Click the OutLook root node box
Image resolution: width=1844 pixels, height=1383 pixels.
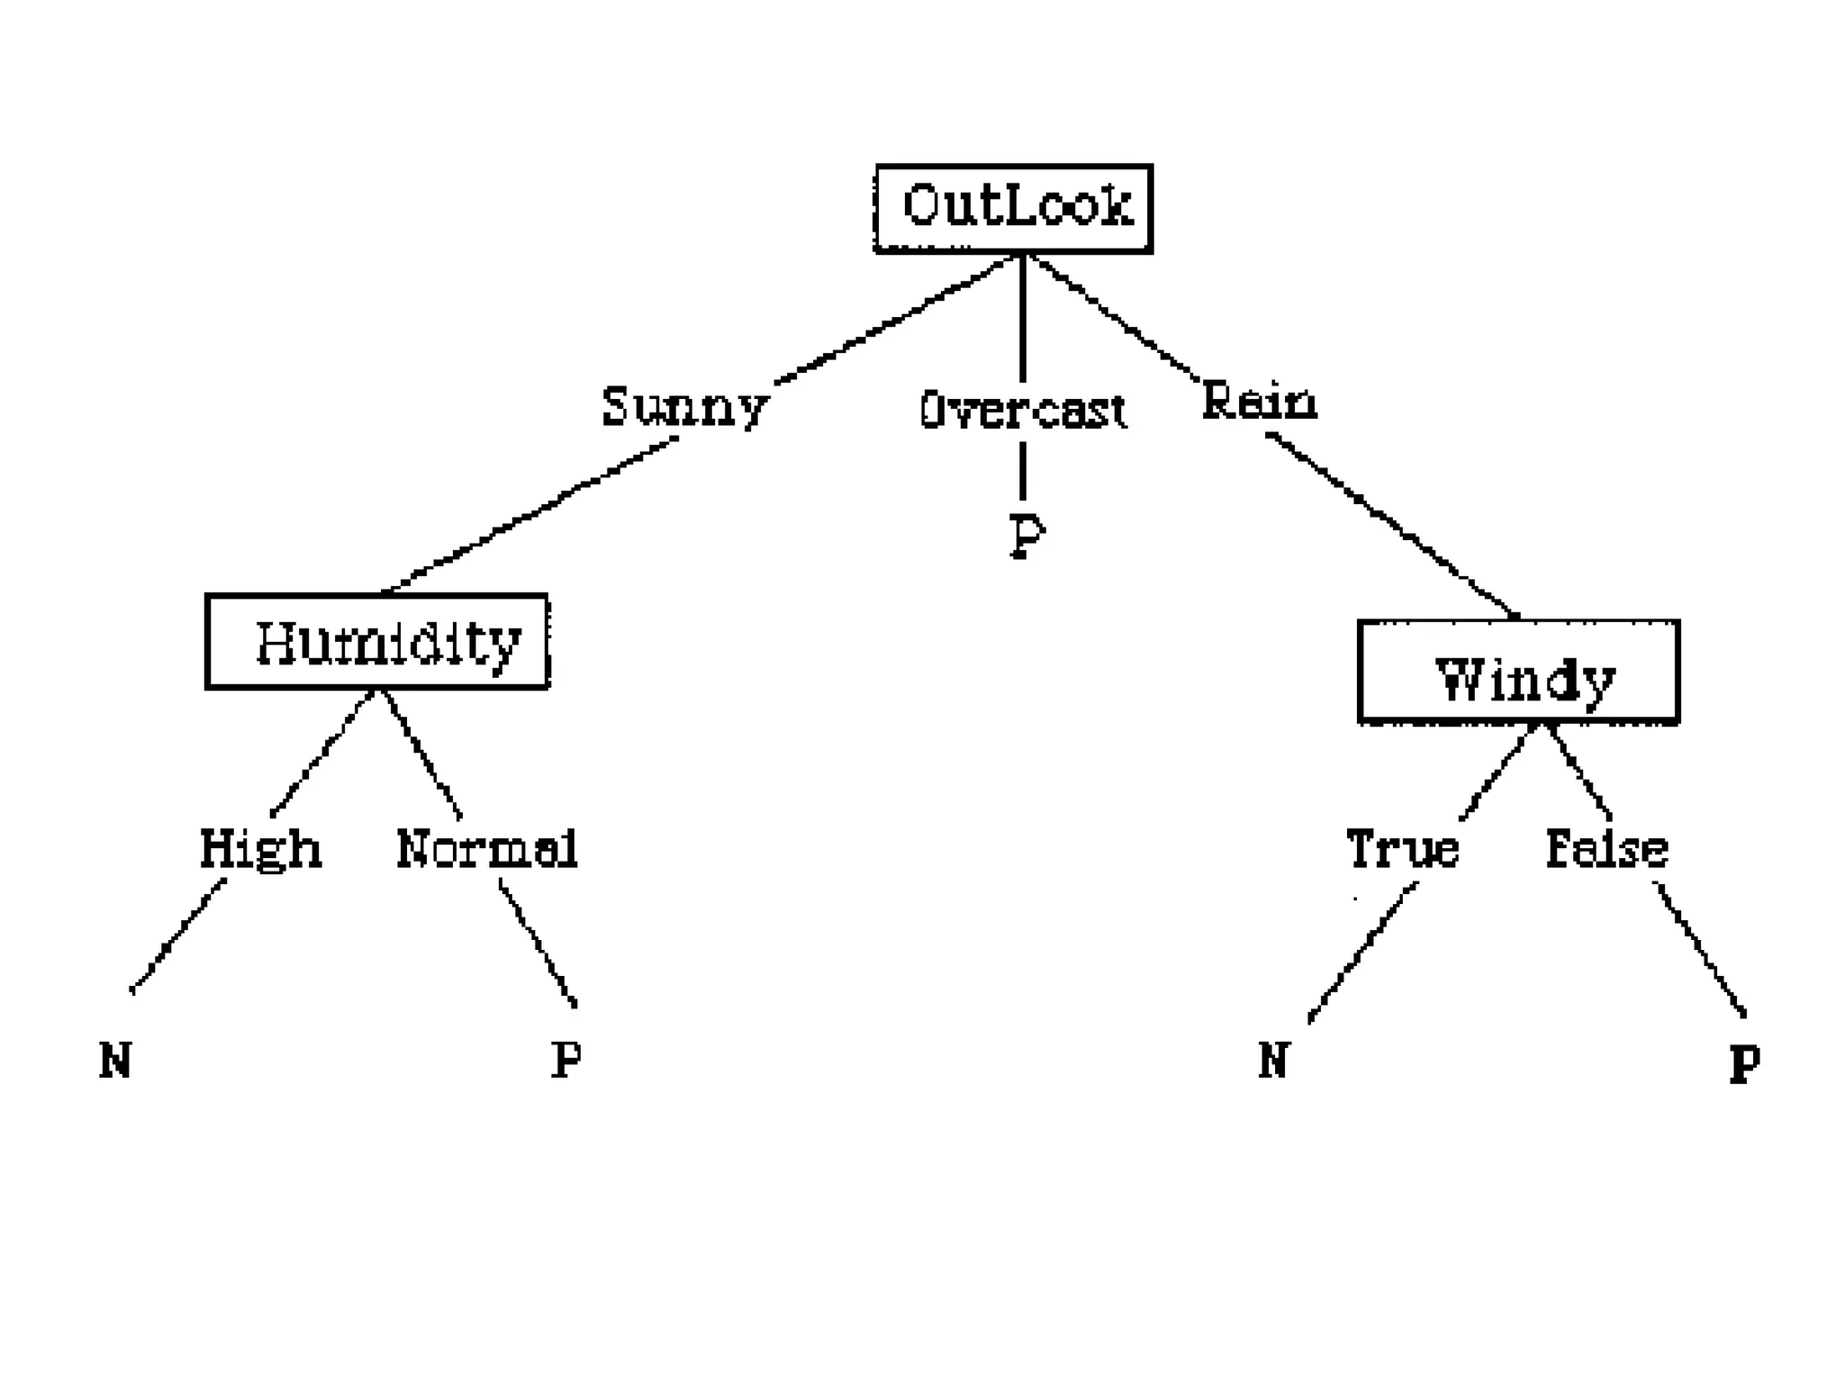(1014, 209)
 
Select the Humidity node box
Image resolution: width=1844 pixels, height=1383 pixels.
(377, 642)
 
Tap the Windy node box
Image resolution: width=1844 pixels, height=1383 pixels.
(1519, 672)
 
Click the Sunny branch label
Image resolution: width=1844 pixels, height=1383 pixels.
(684, 407)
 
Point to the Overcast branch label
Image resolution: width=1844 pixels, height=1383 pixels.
(1023, 411)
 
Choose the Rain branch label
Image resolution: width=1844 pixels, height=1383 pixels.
(1259, 402)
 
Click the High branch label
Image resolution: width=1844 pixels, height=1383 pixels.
(260, 849)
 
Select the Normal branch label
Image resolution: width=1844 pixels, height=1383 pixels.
(487, 849)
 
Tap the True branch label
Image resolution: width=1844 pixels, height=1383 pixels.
(1402, 849)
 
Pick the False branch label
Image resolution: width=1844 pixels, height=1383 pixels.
(1606, 849)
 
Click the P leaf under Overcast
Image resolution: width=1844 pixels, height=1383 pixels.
(1026, 537)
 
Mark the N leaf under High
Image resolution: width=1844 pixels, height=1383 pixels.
(115, 1060)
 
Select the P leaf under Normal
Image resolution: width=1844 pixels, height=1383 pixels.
(565, 1060)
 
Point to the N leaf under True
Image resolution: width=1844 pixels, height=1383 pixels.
(1273, 1060)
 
